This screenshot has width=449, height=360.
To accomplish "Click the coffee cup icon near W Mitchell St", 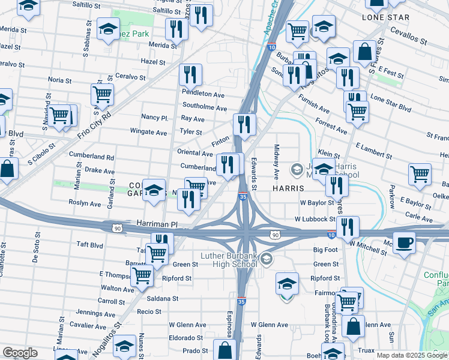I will pos(404,243).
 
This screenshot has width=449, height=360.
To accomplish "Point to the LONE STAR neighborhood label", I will pos(385,17).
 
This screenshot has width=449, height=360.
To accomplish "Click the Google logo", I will pos(20,353).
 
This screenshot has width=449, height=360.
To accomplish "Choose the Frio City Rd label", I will pos(95,123).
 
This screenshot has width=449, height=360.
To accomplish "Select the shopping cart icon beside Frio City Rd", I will pos(102,94).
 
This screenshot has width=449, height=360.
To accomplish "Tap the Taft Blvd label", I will pos(90,245).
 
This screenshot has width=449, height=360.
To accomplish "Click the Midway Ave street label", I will pos(277,161).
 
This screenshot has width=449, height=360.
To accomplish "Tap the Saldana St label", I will pos(163,298).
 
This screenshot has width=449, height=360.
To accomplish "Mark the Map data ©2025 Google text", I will pos(412,355).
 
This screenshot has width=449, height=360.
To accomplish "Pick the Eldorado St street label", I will pos(186,338).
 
